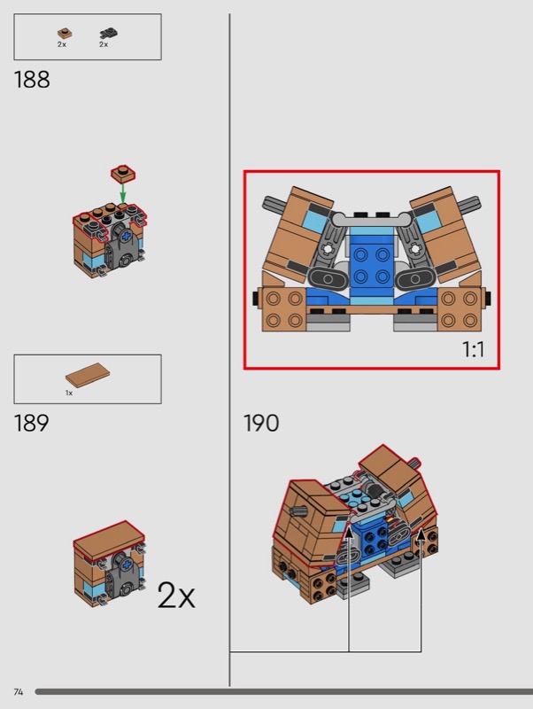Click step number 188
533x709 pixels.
(32, 80)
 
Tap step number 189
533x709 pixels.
(32, 423)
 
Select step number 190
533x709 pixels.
(261, 423)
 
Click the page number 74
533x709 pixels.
(18, 692)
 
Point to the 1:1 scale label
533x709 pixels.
(473, 349)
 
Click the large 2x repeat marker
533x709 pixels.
(176, 595)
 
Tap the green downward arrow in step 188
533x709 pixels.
(122, 193)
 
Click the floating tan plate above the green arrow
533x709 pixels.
(123, 174)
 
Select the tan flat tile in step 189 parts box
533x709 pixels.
(88, 375)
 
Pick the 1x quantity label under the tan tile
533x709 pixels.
(69, 393)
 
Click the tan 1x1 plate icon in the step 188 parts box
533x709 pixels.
(65, 34)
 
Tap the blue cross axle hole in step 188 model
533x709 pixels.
(126, 235)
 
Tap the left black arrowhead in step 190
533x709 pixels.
(349, 533)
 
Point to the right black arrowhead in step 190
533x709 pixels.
(421, 534)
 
